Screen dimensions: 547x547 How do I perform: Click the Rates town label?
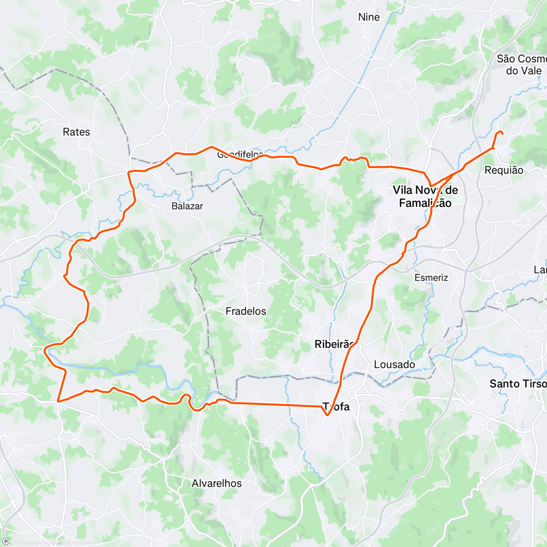(76, 132)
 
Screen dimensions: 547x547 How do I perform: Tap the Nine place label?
(369, 17)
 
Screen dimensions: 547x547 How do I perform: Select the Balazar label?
(187, 206)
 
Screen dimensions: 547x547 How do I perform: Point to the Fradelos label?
(246, 311)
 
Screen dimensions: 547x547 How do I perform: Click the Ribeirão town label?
(334, 345)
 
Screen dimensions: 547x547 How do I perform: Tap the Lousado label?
(394, 365)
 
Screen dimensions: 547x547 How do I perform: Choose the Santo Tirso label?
(517, 384)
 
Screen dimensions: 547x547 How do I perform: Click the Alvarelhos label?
(217, 483)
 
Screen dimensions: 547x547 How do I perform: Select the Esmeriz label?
(431, 278)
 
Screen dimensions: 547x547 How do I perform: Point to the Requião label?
(504, 170)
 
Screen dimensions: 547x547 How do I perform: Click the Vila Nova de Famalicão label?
(425, 196)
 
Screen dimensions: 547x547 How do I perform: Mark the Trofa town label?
(336, 407)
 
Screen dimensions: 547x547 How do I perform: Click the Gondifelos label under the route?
(240, 155)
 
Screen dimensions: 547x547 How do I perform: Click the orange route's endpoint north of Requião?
(502, 133)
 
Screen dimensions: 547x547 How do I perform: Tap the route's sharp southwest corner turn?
(58, 402)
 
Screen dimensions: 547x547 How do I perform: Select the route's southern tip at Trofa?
(327, 415)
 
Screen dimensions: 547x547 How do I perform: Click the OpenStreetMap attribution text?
(72, 541)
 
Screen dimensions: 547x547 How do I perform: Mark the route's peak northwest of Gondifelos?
(211, 147)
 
